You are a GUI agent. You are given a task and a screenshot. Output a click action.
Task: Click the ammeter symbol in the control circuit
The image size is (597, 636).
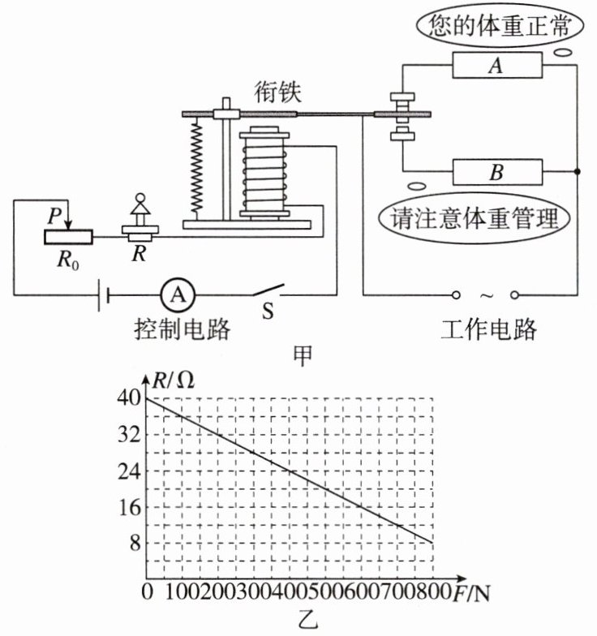(178, 295)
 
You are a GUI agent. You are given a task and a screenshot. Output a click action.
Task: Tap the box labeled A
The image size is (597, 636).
(497, 65)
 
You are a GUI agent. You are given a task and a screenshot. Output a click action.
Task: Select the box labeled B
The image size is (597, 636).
(497, 172)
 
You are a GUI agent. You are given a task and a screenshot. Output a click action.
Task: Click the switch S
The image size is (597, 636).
(268, 290)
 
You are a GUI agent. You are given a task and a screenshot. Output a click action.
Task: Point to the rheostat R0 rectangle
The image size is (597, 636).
(68, 237)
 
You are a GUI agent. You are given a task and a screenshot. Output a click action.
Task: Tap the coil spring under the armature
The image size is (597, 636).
(196, 167)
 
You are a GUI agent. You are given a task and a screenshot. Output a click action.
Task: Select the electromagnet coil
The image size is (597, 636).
(264, 174)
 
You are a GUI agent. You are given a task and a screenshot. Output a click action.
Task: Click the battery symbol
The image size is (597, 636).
(104, 295)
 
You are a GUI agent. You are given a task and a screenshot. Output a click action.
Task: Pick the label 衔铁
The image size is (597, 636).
(277, 92)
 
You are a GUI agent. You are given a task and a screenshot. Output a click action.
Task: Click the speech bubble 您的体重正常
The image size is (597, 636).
(500, 26)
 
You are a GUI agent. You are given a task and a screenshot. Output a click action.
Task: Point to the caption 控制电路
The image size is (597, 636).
(182, 329)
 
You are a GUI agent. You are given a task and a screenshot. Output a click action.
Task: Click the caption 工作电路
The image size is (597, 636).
(488, 329)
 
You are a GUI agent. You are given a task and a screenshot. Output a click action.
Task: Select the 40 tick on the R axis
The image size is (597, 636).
(129, 398)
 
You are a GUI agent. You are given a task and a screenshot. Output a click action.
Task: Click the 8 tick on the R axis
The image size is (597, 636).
(135, 544)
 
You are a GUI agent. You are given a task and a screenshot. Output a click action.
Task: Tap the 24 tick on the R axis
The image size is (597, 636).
(129, 471)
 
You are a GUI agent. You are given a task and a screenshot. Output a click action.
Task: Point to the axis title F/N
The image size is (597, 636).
(471, 593)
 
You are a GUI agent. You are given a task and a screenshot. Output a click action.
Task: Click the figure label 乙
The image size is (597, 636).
(307, 620)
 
